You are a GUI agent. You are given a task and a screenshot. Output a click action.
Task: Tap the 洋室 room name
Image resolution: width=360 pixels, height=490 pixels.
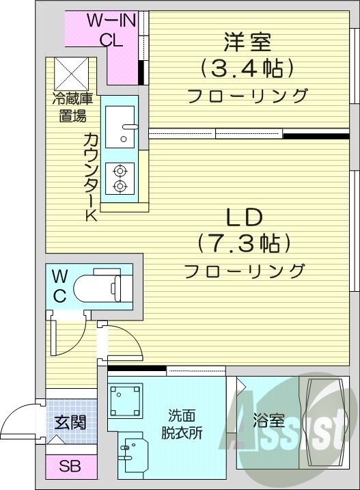tap(247, 42)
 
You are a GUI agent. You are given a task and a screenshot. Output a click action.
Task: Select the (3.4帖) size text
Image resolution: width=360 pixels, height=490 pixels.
tap(247, 68)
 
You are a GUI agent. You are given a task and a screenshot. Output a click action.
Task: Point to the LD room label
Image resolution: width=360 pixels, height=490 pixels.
tap(244, 218)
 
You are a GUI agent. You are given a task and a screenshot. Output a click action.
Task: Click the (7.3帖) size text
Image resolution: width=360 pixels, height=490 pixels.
tap(244, 243)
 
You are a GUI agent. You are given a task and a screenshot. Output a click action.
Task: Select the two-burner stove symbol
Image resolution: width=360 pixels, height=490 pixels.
tap(120, 177)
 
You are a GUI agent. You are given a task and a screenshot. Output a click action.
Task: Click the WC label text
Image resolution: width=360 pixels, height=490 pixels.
tap(60, 286)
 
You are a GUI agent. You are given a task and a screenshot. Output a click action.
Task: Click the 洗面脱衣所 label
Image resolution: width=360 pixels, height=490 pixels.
tap(182, 424)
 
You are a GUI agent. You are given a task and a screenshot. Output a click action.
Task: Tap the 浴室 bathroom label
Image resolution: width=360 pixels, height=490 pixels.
tap(267, 421)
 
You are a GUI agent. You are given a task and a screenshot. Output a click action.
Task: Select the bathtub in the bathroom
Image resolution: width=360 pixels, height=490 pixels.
tap(322, 421)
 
